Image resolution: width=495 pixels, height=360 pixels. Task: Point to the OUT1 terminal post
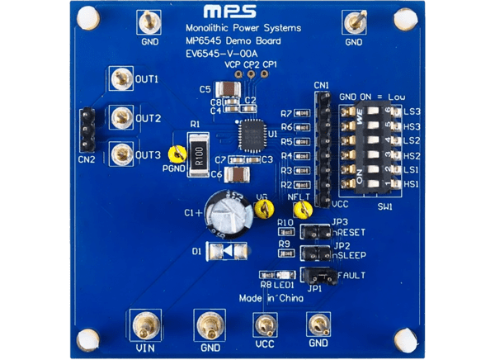coord(122,79)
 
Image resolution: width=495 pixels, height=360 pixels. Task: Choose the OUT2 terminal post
coord(122,116)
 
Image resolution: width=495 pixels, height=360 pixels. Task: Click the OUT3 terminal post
coord(122,153)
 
